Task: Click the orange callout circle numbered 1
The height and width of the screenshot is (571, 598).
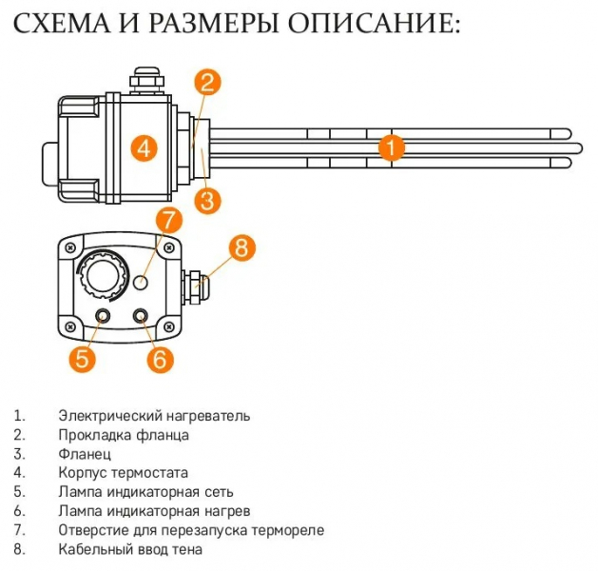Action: (392, 148)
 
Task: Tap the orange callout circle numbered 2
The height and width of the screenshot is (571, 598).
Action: (210, 83)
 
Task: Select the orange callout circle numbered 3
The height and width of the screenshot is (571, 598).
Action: (208, 201)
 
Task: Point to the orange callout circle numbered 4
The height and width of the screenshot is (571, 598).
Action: (143, 148)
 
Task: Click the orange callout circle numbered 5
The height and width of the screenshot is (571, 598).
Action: (82, 359)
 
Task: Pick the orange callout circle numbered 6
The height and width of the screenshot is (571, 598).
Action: (159, 359)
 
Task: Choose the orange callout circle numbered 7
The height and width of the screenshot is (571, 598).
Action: (167, 220)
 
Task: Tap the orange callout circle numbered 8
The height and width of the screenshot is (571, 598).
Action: (241, 249)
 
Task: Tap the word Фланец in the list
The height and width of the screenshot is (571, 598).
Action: (85, 454)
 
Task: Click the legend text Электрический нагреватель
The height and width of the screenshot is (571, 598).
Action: (154, 416)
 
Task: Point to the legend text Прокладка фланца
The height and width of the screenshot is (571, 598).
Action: (124, 435)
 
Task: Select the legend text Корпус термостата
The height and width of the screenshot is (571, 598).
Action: (124, 473)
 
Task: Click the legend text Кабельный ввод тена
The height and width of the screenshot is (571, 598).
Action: (130, 549)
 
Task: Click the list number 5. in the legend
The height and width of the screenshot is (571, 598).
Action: (19, 492)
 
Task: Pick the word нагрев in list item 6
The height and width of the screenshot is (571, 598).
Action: (201, 511)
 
